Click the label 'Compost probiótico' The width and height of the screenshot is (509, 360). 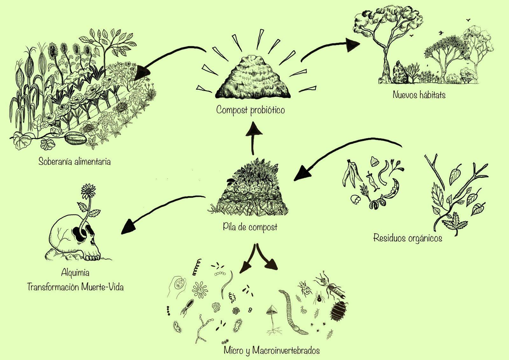pyautogui.click(x=250, y=110)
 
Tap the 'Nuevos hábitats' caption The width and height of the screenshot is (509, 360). pyautogui.click(x=419, y=94)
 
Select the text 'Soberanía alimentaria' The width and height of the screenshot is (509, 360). pyautogui.click(x=74, y=161)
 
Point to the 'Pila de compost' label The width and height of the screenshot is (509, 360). pyautogui.click(x=250, y=227)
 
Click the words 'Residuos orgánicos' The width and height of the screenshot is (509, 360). pyautogui.click(x=408, y=238)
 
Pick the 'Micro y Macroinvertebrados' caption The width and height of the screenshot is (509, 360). pyautogui.click(x=271, y=350)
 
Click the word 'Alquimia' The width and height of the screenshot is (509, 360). pyautogui.click(x=75, y=273)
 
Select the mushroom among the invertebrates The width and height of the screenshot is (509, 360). pyautogui.click(x=271, y=312)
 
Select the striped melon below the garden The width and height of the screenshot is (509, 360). pyautogui.click(x=75, y=139)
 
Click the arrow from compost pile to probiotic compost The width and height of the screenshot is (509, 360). pyautogui.click(x=254, y=137)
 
